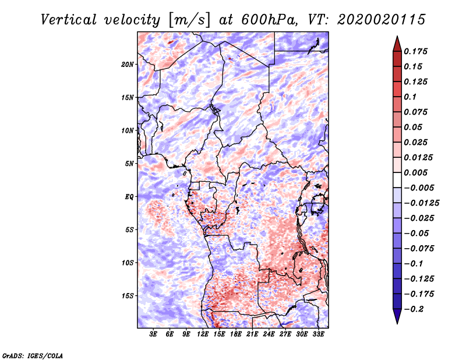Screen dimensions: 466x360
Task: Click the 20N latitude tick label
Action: click(128, 65)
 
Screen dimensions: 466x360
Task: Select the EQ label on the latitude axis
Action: click(129, 197)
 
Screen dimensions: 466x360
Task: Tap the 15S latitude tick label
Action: click(128, 296)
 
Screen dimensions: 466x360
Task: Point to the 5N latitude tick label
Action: click(129, 164)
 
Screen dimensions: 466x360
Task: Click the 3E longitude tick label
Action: click(153, 334)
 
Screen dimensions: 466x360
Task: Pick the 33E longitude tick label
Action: click(318, 334)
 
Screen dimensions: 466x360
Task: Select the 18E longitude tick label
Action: click(236, 334)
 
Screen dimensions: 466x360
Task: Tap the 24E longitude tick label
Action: click(269, 334)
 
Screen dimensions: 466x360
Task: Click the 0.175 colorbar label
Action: click(415, 51)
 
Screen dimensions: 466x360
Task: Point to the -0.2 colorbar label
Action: click(414, 309)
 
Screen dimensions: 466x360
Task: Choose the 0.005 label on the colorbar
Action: click(415, 172)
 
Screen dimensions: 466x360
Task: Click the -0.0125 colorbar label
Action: click(421, 203)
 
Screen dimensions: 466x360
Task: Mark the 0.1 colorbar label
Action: click(410, 97)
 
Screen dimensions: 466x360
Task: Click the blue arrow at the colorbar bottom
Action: click(397, 316)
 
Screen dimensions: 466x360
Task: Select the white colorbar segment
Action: click(397, 180)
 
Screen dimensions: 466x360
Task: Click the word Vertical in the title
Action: click(69, 20)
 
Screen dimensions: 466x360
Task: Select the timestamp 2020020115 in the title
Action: click(382, 20)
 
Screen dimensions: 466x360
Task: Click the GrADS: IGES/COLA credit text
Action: click(33, 355)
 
